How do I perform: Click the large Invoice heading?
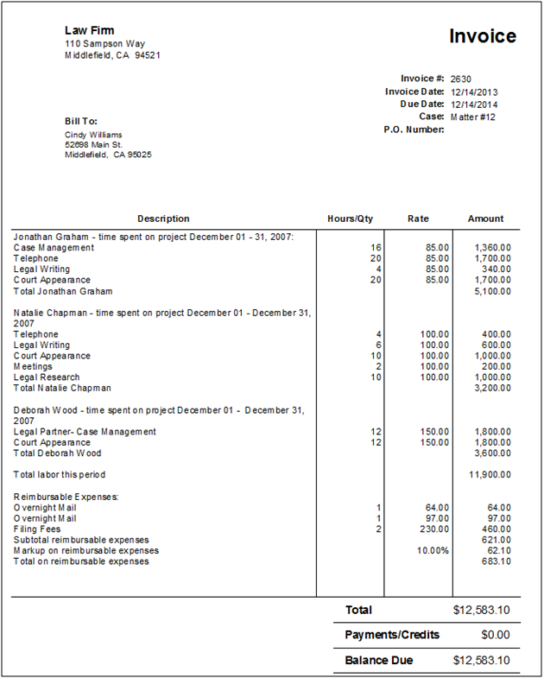[483, 36]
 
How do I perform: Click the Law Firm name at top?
[89, 30]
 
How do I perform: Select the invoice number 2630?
[461, 79]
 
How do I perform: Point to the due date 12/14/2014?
[474, 104]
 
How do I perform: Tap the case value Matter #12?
[473, 117]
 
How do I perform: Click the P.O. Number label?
[414, 130]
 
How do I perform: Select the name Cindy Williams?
[93, 135]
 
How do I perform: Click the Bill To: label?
[81, 120]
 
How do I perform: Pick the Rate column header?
[418, 219]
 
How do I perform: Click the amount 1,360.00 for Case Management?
[493, 248]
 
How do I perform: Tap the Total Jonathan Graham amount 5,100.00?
[493, 291]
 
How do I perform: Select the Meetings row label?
[33, 366]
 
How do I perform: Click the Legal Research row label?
[47, 377]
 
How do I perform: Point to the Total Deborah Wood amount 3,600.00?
[493, 453]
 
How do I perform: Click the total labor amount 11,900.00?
[490, 474]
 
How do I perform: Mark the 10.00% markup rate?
[433, 550]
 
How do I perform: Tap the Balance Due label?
[379, 661]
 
